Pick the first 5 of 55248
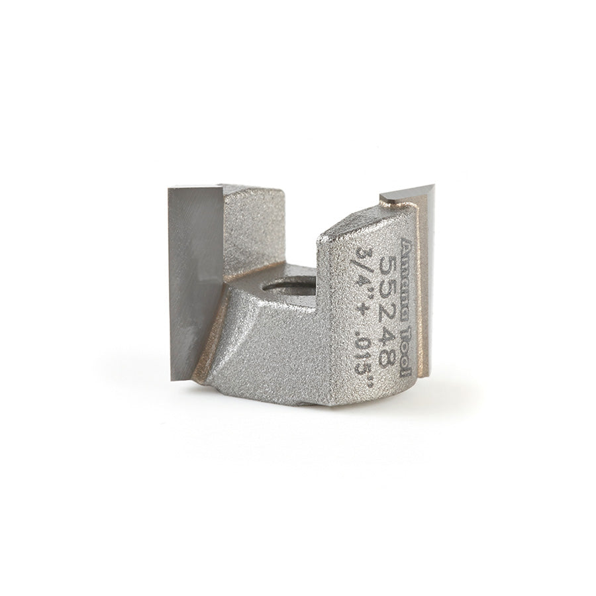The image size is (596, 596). pyautogui.click(x=389, y=265)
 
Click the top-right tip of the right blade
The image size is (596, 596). pyautogui.click(x=433, y=187)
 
